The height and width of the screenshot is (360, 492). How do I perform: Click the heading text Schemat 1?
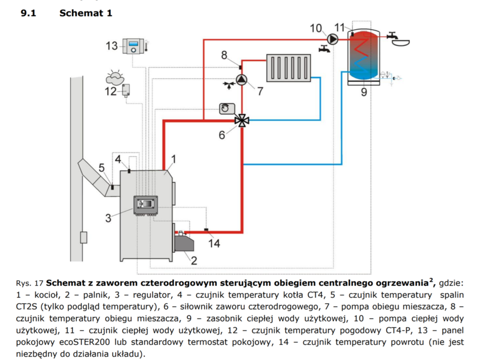coord(86,13)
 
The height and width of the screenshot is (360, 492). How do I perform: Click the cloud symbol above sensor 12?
coord(116,77)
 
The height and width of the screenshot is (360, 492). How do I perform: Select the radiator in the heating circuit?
coord(288,67)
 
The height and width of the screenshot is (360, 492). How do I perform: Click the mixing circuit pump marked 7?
coord(242,80)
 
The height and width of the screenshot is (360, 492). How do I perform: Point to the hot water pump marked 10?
coord(333,38)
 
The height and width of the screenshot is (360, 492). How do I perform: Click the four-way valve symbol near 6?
coord(242,120)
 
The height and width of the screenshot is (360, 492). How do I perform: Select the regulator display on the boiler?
coord(147,204)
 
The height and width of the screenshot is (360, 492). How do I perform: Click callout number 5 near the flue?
coord(101,168)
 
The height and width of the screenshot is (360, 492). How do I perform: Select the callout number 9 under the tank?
coord(364,92)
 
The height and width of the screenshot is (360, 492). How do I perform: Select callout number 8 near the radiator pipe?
coord(224,55)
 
